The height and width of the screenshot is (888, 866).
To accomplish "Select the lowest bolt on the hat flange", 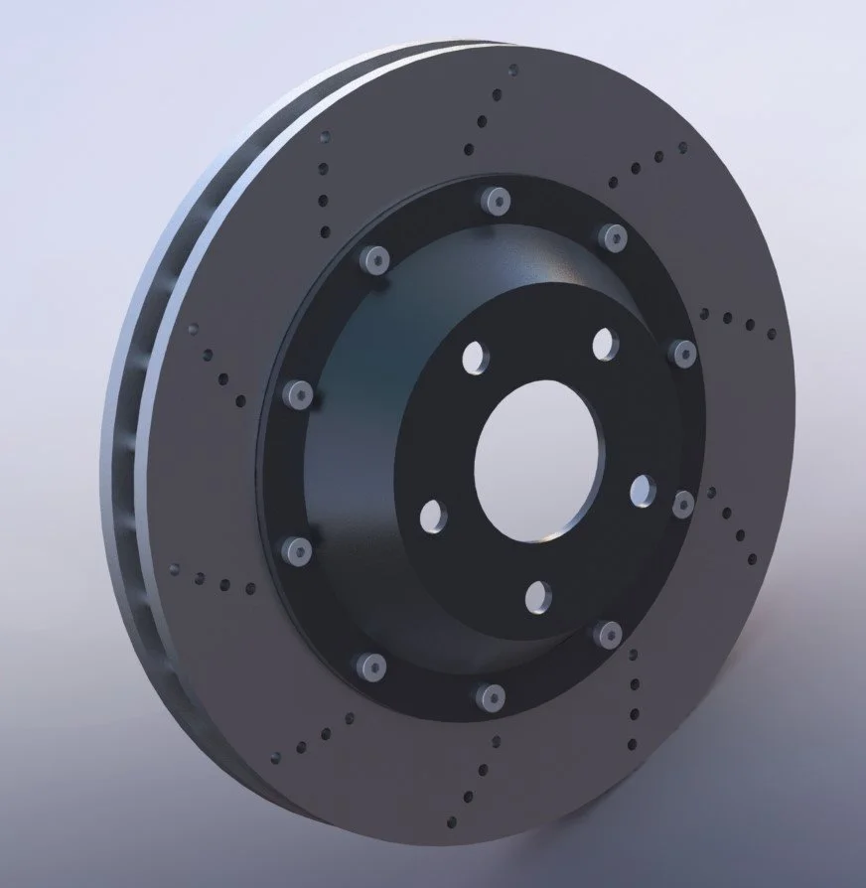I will pyautogui.click(x=488, y=695).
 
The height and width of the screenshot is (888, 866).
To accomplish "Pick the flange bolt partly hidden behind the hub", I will pyautogui.click(x=683, y=505).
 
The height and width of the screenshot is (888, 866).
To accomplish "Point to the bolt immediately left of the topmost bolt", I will pyautogui.click(x=374, y=260).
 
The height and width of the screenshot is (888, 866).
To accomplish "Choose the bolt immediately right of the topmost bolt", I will pyautogui.click(x=610, y=235).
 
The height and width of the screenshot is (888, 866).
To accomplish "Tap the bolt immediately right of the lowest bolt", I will pyautogui.click(x=607, y=633).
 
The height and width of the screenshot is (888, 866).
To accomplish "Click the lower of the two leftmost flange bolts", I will pyautogui.click(x=299, y=547).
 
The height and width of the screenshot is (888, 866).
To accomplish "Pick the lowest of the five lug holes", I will pyautogui.click(x=537, y=596).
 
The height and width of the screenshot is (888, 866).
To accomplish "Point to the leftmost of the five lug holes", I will pyautogui.click(x=432, y=516).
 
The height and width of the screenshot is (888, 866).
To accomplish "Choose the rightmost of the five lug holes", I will pyautogui.click(x=643, y=489).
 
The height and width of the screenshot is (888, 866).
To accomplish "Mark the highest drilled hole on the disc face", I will pyautogui.click(x=512, y=71).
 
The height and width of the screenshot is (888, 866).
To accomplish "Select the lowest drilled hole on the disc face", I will pyautogui.click(x=454, y=820).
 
